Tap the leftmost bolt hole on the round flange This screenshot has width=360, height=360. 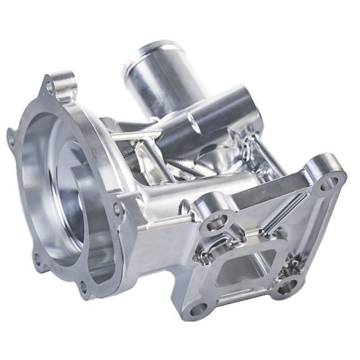coord(11,137)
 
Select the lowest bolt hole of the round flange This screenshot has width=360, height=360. coord(83,287)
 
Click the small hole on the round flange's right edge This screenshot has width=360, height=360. coord(118,209)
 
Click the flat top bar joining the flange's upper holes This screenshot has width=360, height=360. coord(270,195)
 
